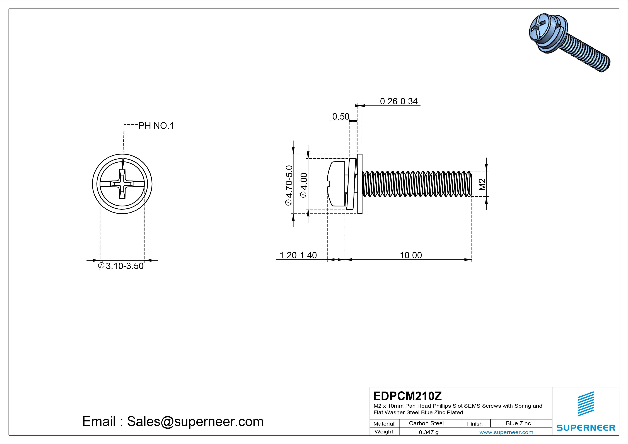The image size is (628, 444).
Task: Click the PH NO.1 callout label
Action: click(156, 126)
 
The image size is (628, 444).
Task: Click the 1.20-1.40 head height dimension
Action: click(298, 255)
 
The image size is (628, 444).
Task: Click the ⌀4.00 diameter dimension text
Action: click(304, 185)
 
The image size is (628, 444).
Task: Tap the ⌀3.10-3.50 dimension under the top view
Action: click(121, 266)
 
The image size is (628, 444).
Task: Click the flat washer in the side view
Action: click(360, 184)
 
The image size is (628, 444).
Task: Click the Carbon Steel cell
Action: click(426, 423)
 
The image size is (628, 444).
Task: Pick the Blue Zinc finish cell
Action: click(518, 423)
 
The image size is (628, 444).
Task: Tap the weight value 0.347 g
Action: click(429, 432)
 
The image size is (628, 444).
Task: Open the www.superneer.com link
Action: click(506, 432)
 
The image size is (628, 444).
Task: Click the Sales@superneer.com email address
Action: click(195, 421)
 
